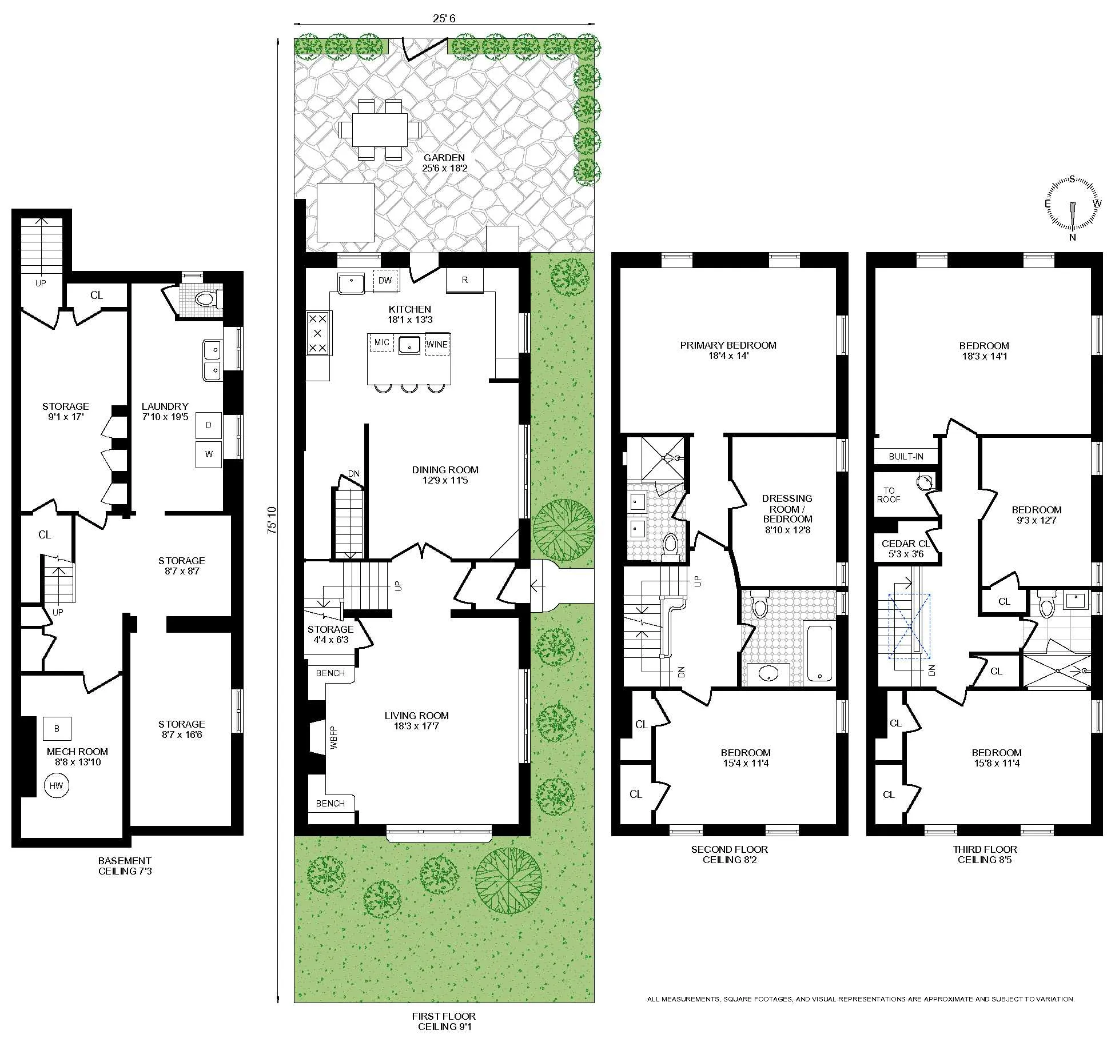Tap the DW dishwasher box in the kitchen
pyautogui.click(x=385, y=280)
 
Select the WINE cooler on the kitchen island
pyautogui.click(x=437, y=344)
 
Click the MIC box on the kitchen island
pyautogui.click(x=381, y=342)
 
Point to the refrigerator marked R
pyautogui.click(x=464, y=280)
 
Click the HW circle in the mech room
pyautogui.click(x=56, y=785)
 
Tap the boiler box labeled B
pyautogui.click(x=57, y=728)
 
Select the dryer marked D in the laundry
pyautogui.click(x=208, y=425)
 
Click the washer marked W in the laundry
pyautogui.click(x=208, y=454)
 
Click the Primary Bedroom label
pyautogui.click(x=728, y=350)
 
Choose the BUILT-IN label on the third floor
pyautogui.click(x=906, y=457)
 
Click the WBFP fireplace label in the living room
pyautogui.click(x=334, y=737)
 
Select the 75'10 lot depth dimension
pyautogui.click(x=272, y=520)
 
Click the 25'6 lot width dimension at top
pyautogui.click(x=444, y=18)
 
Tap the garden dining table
pyautogui.click(x=380, y=130)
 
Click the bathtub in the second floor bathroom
pyautogui.click(x=820, y=654)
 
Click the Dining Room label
pyautogui.click(x=445, y=475)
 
